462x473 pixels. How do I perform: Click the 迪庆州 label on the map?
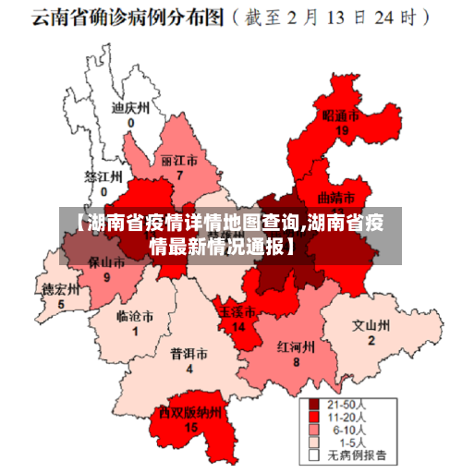tap(129, 108)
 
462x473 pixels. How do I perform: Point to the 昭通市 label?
tap(340, 115)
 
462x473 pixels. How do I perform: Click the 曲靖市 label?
tap(335, 197)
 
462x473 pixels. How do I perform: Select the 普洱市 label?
tap(188, 354)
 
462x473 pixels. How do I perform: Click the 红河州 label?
tap(296, 346)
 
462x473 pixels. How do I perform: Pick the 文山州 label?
tap(371, 325)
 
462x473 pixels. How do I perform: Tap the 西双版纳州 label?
tap(190, 413)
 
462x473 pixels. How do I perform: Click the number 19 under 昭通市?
tap(342, 130)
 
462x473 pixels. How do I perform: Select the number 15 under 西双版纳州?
tap(191, 427)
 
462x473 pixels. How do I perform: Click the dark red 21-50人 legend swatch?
tap(314, 405)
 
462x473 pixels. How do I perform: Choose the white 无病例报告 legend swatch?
tap(314, 455)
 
